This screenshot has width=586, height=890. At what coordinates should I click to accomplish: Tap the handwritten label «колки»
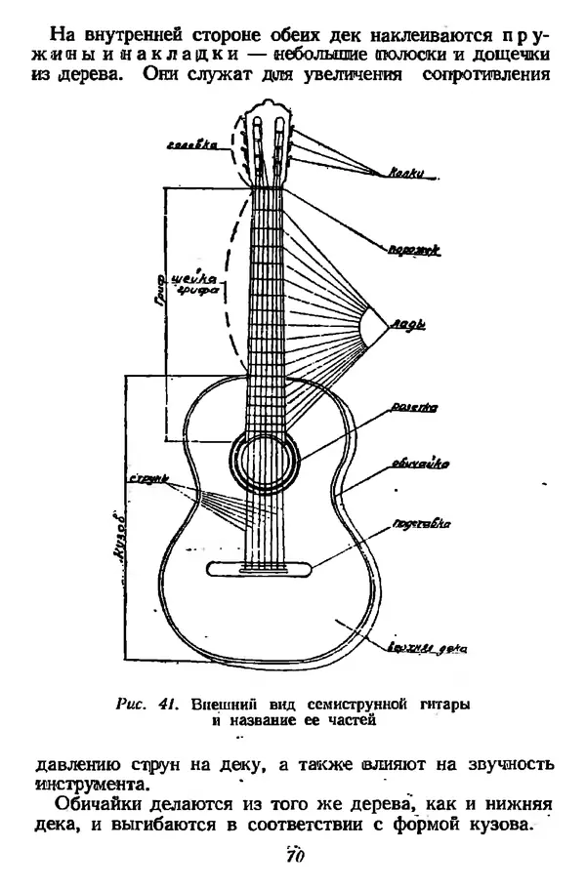(x=404, y=174)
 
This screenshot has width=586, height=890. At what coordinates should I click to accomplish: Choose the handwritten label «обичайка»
(x=413, y=465)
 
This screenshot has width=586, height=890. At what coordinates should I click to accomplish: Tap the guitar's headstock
(x=267, y=146)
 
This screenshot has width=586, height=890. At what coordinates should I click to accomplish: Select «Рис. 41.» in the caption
(x=150, y=704)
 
